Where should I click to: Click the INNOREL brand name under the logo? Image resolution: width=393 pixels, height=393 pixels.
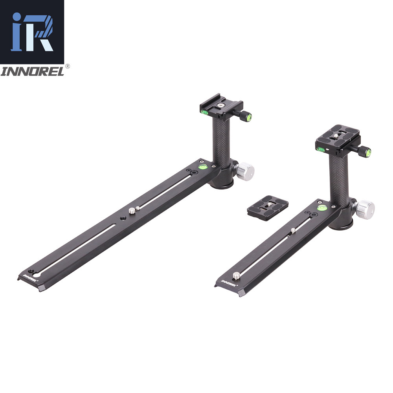pos(32,72)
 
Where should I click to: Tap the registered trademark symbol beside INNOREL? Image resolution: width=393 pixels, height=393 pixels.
pos(68,66)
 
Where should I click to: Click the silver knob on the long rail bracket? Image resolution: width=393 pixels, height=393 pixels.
pos(245,171)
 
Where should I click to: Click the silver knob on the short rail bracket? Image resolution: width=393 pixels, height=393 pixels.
pos(365,209)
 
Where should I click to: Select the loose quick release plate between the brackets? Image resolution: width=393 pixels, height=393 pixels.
pos(268,208)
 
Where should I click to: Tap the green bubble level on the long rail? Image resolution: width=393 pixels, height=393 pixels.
pos(203,166)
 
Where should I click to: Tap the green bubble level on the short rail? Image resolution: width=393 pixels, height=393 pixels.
pos(322,208)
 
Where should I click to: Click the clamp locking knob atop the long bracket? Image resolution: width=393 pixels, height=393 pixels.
pos(245,116)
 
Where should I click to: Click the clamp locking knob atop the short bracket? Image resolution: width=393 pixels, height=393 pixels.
pos(364,151)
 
